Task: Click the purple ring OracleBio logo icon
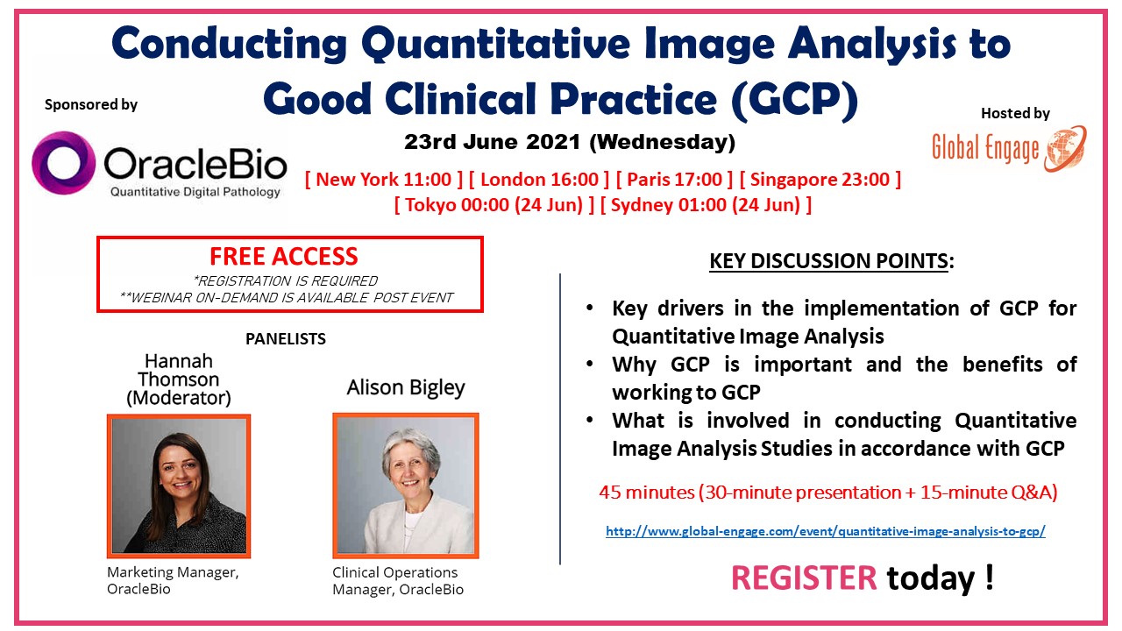45,163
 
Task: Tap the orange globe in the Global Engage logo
1066,149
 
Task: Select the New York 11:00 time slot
384,180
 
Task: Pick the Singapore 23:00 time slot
820,180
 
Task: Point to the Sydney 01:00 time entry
706,205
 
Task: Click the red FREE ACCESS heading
284,257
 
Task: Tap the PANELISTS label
286,339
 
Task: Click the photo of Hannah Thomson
179,486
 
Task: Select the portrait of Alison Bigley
406,486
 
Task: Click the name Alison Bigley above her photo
406,388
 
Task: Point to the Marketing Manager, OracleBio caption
173,580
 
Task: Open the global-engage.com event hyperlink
826,531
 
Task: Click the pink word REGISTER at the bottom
804,578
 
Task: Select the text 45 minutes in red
646,493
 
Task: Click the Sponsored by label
90,104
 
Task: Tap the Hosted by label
1015,113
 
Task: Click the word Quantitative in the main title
495,45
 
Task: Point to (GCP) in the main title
794,99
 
